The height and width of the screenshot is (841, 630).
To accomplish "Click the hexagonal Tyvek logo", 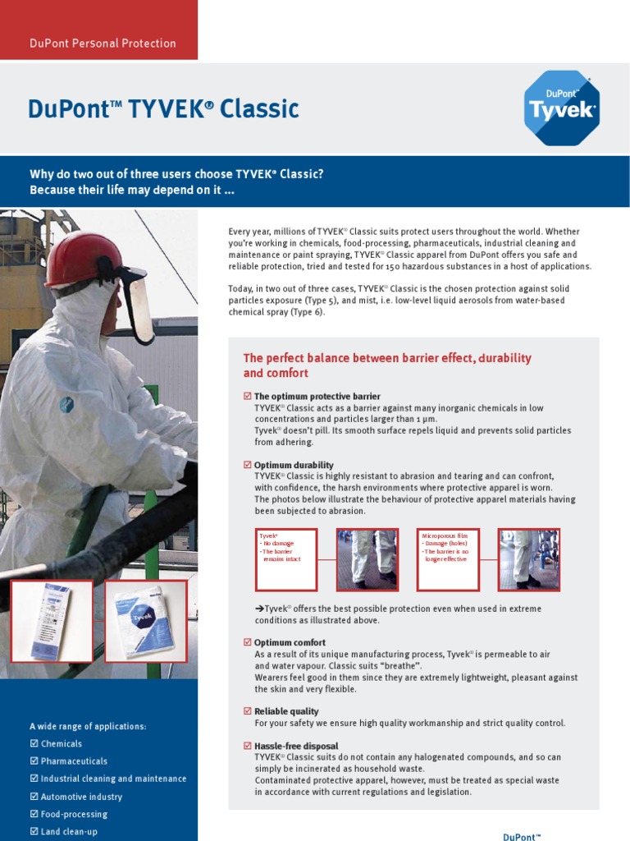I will click(561, 108).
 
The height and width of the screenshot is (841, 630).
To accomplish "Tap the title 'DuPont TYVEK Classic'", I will click(163, 109).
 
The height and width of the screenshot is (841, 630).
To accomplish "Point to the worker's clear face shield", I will click(136, 304).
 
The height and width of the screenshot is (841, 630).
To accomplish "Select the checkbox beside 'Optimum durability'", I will click(248, 465).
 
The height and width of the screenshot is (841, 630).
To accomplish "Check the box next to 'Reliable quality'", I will click(248, 711).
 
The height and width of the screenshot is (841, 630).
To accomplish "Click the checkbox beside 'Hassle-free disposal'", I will click(248, 746).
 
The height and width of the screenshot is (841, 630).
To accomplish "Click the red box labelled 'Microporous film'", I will click(448, 559).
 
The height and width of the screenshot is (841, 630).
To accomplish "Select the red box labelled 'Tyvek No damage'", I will click(286, 559).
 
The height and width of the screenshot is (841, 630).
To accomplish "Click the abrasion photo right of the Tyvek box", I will click(367, 559).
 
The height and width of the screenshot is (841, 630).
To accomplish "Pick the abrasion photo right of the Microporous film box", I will click(529, 559).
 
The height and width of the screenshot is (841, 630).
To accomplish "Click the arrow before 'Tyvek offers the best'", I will click(258, 609).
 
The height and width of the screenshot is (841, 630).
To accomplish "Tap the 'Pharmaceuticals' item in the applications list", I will click(74, 761).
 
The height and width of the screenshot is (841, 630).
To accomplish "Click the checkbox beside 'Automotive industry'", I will click(34, 797).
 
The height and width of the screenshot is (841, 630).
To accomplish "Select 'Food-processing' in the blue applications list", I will click(74, 814).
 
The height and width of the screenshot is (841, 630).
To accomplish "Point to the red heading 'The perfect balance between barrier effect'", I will click(387, 365).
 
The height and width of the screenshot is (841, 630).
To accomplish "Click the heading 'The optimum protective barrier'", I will click(317, 396).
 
